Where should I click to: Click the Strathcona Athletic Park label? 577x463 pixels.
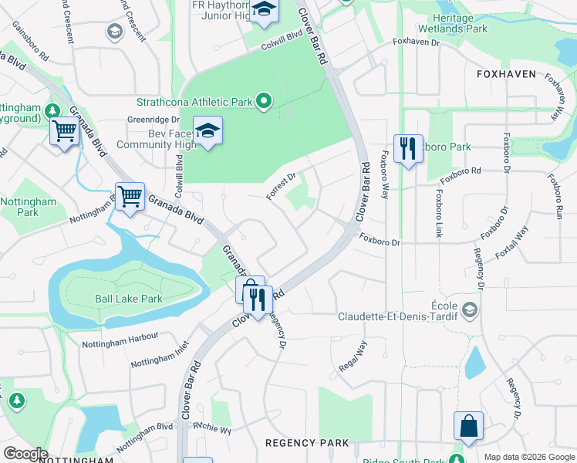click(194, 101)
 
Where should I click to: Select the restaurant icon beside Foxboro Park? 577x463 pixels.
click(408, 147)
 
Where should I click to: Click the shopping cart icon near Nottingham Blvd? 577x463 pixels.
click(130, 197)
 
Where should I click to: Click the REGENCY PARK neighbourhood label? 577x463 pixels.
click(306, 443)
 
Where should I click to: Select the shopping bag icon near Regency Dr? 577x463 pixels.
click(468, 425)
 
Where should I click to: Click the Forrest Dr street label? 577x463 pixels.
click(281, 187)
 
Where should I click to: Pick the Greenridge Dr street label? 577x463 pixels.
click(153, 120)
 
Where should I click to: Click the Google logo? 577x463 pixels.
click(25, 454)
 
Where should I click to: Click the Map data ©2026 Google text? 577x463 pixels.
click(528, 457)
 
